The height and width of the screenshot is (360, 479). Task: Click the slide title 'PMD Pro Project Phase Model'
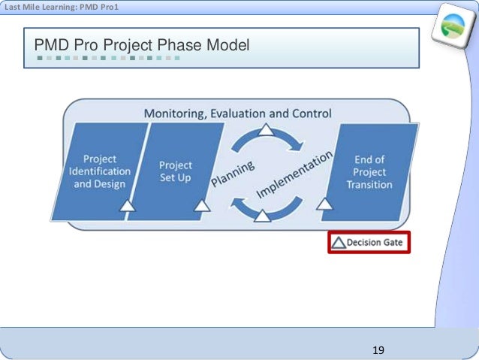point(141,47)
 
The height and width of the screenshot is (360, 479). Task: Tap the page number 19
point(378,350)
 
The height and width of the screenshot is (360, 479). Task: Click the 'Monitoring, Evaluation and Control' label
point(237,113)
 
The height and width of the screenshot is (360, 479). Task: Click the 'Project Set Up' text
point(176,171)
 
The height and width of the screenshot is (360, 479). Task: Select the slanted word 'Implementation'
point(294,174)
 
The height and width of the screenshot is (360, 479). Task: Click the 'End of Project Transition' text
point(369,171)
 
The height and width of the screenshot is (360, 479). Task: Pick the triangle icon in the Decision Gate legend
point(339,243)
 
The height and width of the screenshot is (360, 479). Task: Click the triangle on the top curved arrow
point(267,130)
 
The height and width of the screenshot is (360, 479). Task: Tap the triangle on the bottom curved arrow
point(263,216)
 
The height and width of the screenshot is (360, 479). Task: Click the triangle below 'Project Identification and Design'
point(128,204)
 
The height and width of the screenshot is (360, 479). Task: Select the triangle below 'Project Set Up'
point(202,204)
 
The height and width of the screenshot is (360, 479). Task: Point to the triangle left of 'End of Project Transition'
point(324,204)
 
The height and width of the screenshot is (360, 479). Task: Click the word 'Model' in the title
point(227,47)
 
